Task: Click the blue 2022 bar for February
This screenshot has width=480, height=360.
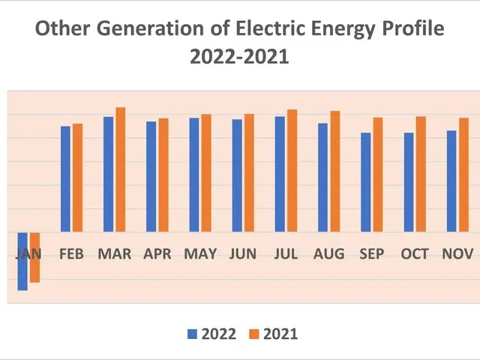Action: click(65, 178)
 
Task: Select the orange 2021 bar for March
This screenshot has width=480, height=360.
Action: click(120, 169)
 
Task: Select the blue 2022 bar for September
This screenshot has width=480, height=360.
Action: click(365, 182)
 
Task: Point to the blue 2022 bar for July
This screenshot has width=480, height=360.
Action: click(280, 174)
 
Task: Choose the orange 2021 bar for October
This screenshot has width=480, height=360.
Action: click(421, 174)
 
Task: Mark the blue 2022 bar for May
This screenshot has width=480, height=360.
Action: click(193, 175)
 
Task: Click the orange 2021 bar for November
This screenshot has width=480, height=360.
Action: click(463, 175)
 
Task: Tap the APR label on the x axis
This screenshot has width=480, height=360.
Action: click(157, 254)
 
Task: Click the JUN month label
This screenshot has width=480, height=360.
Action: click(243, 254)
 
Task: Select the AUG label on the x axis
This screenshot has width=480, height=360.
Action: click(329, 254)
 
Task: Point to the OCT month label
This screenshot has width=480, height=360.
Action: click(415, 254)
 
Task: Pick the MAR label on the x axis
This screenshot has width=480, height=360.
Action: click(114, 254)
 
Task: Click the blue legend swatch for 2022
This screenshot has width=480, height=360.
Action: click(192, 334)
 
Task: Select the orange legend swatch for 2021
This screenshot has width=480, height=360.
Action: click(254, 334)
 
